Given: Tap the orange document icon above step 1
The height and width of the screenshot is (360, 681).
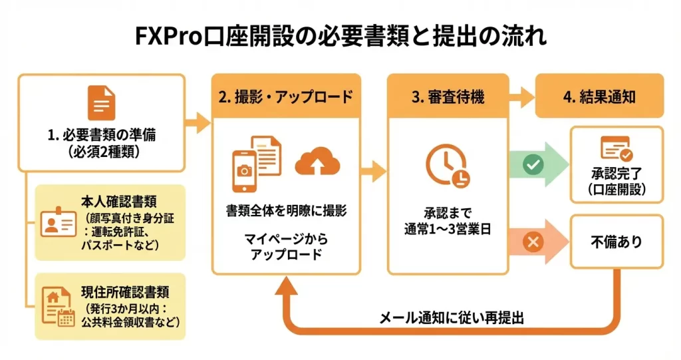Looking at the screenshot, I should pyautogui.click(x=101, y=103).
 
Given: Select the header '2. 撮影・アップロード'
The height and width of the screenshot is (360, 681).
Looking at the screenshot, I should pyautogui.click(x=286, y=96).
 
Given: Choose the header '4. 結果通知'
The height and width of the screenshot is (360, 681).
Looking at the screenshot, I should pyautogui.click(x=599, y=96).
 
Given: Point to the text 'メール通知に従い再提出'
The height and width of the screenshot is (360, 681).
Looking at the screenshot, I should pyautogui.click(x=452, y=317).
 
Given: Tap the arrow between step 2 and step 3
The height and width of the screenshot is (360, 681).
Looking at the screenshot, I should pyautogui.click(x=373, y=171).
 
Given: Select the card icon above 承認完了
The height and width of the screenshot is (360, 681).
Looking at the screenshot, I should pyautogui.click(x=616, y=148).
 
